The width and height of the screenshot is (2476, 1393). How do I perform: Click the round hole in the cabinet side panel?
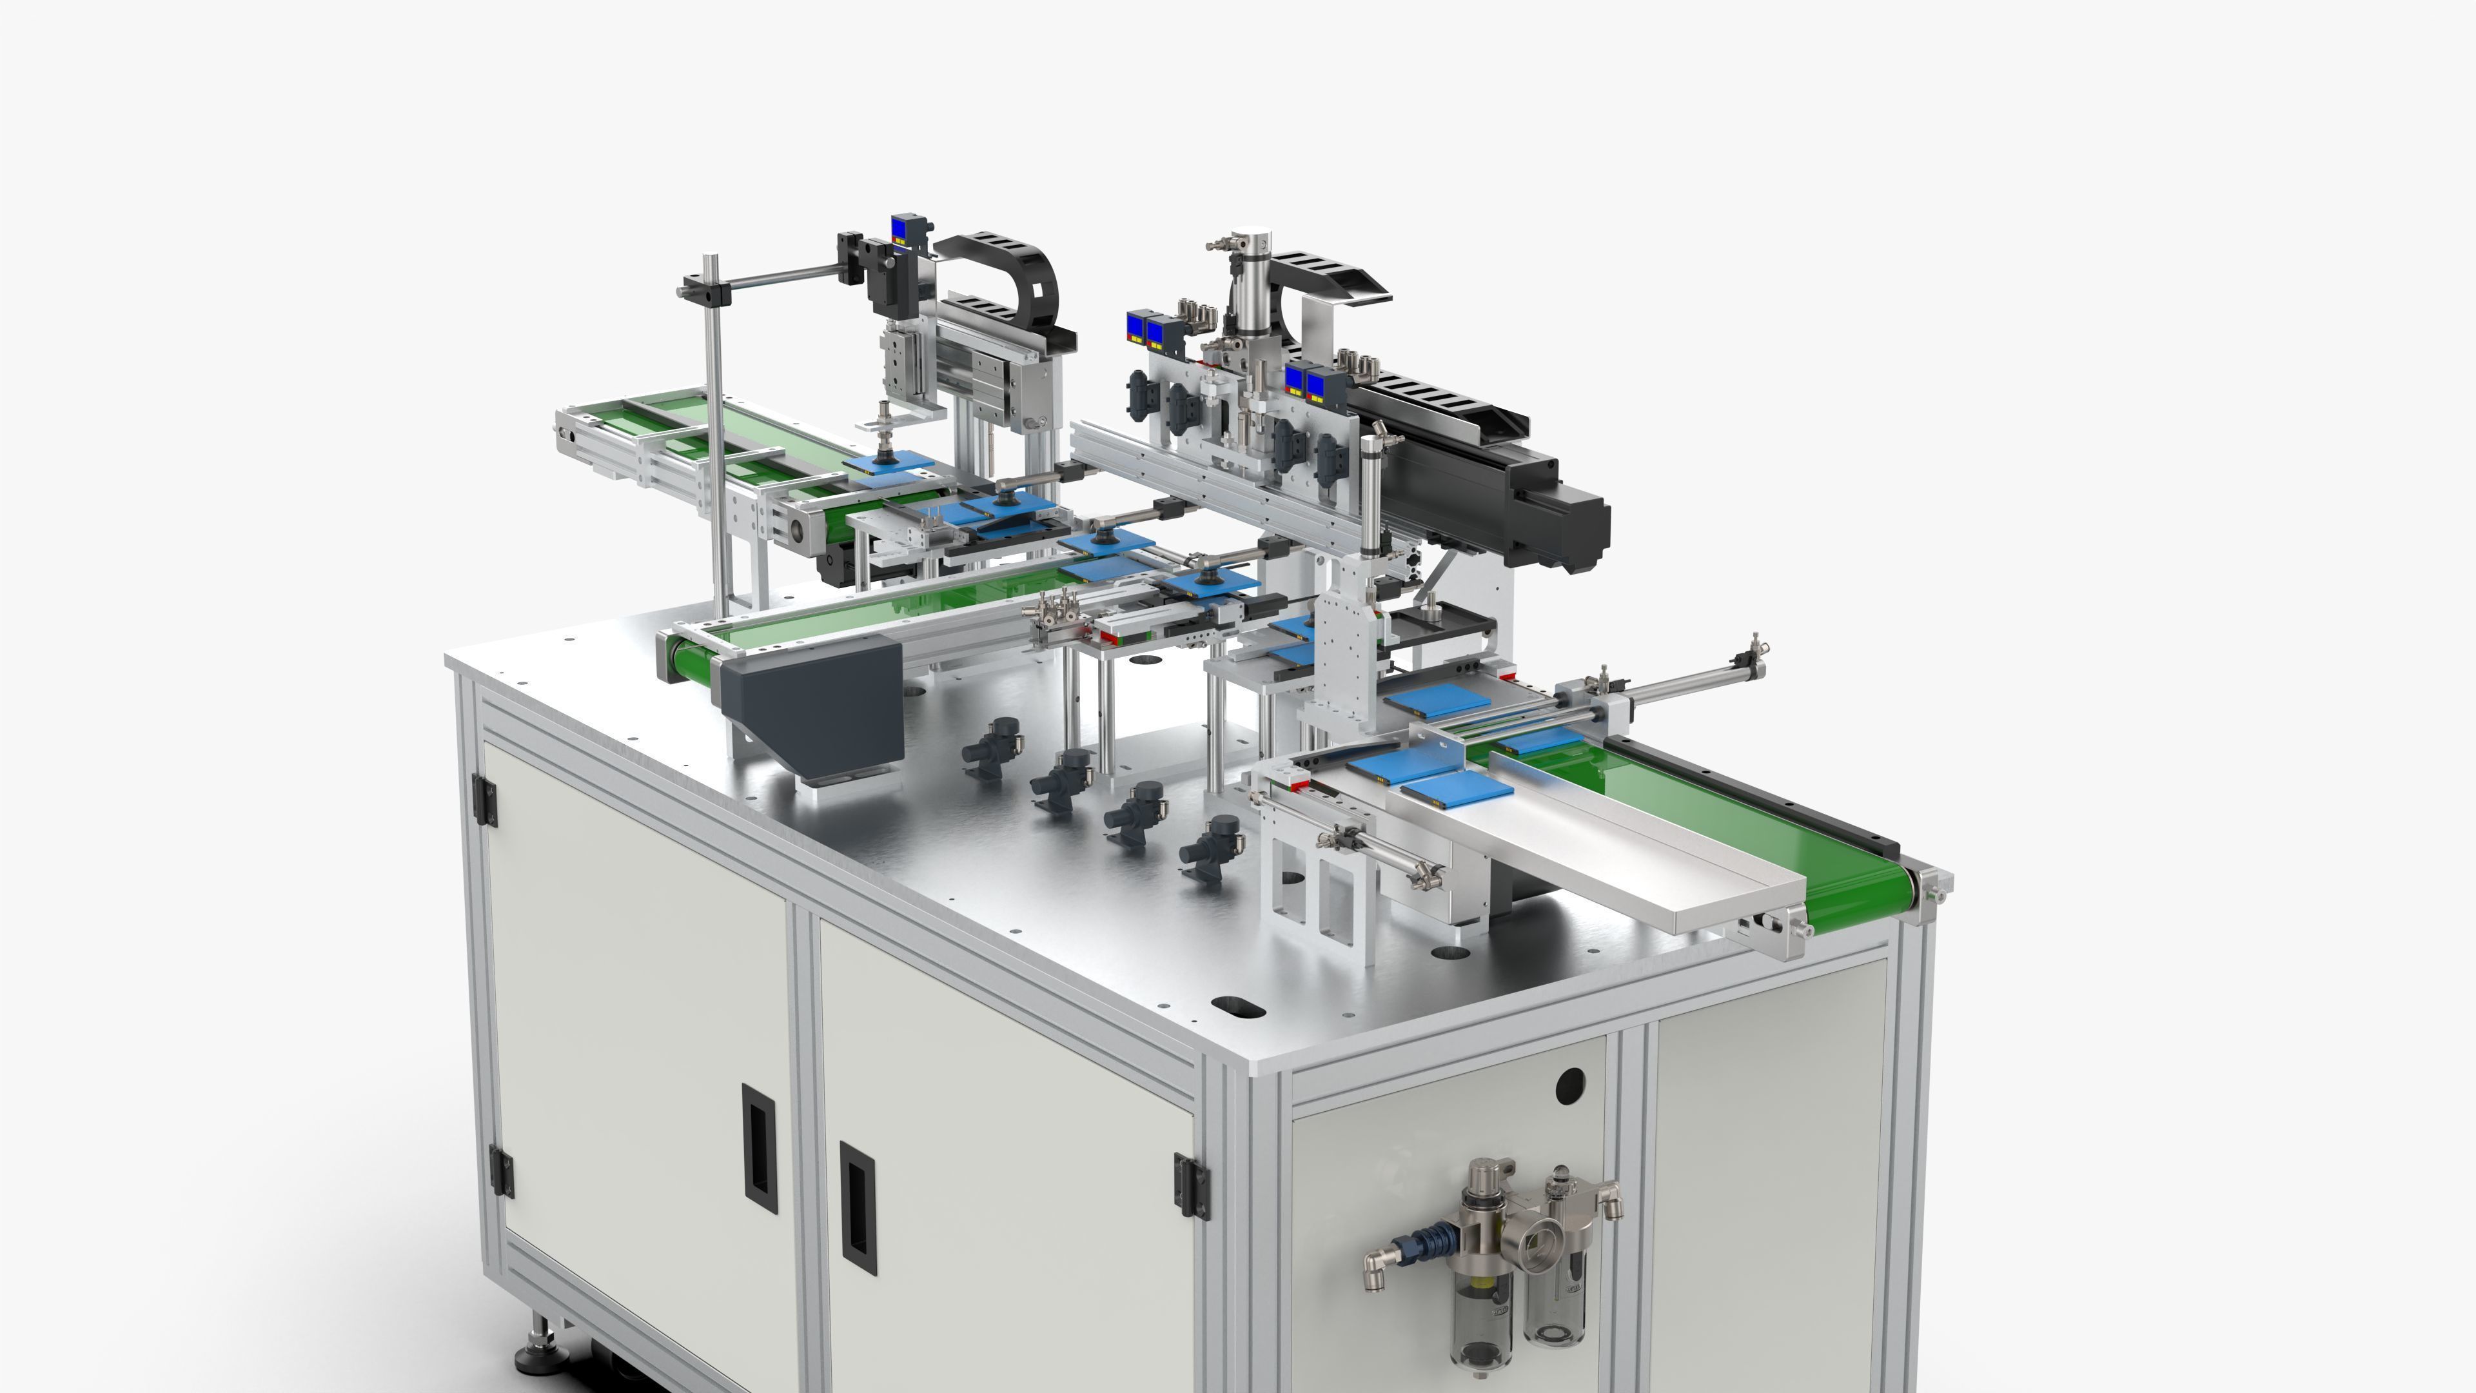tap(1569, 1084)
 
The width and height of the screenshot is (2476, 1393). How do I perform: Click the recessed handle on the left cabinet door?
tap(760, 1149)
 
